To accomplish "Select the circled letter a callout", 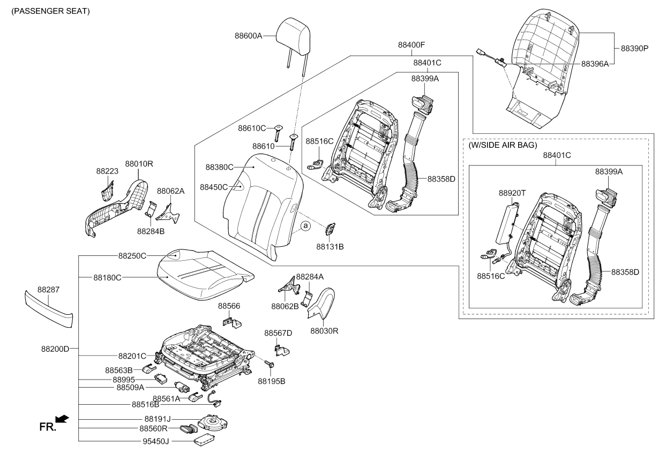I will tap(305, 226).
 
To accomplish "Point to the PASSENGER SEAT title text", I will tap(47, 11).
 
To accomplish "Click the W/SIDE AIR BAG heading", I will tap(502, 145).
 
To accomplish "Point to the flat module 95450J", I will tap(204, 440).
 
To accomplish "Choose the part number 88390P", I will tap(634, 48).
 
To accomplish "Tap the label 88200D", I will tap(55, 349).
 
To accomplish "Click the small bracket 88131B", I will tap(330, 229).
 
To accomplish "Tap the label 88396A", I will tap(595, 63).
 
